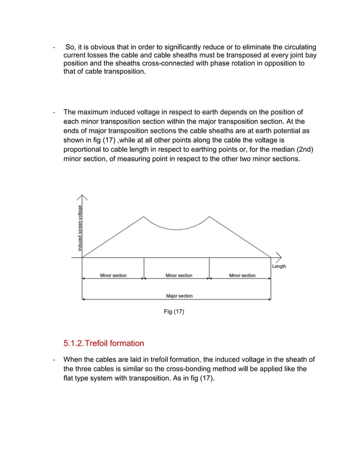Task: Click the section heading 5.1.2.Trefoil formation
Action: click(x=104, y=343)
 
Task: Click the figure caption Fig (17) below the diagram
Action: click(x=174, y=311)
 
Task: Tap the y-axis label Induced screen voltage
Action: click(x=80, y=228)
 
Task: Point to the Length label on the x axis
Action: click(x=279, y=266)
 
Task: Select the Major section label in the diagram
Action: click(x=179, y=296)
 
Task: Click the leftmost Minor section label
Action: click(x=113, y=275)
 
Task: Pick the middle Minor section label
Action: click(x=179, y=275)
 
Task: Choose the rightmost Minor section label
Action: click(x=242, y=275)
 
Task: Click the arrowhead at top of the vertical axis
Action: click(x=83, y=197)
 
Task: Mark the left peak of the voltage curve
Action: click(x=144, y=216)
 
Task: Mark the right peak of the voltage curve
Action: click(x=210, y=216)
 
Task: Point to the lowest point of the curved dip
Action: click(x=177, y=230)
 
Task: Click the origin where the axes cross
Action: click(x=83, y=258)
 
